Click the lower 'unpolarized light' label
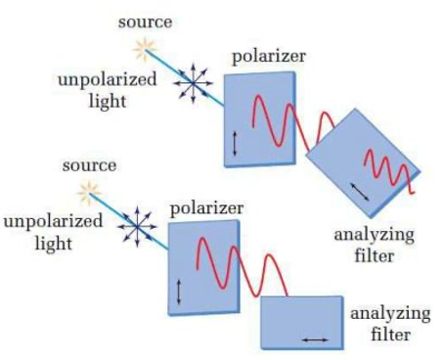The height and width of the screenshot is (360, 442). point(52,232)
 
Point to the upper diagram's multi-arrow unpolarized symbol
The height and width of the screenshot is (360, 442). point(192,87)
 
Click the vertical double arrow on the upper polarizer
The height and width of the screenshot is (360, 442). point(235,144)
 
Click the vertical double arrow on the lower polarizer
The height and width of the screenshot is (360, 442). point(179,292)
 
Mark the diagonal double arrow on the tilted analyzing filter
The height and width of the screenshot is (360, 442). point(359,191)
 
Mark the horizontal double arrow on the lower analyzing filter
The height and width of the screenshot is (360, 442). point(315,338)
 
